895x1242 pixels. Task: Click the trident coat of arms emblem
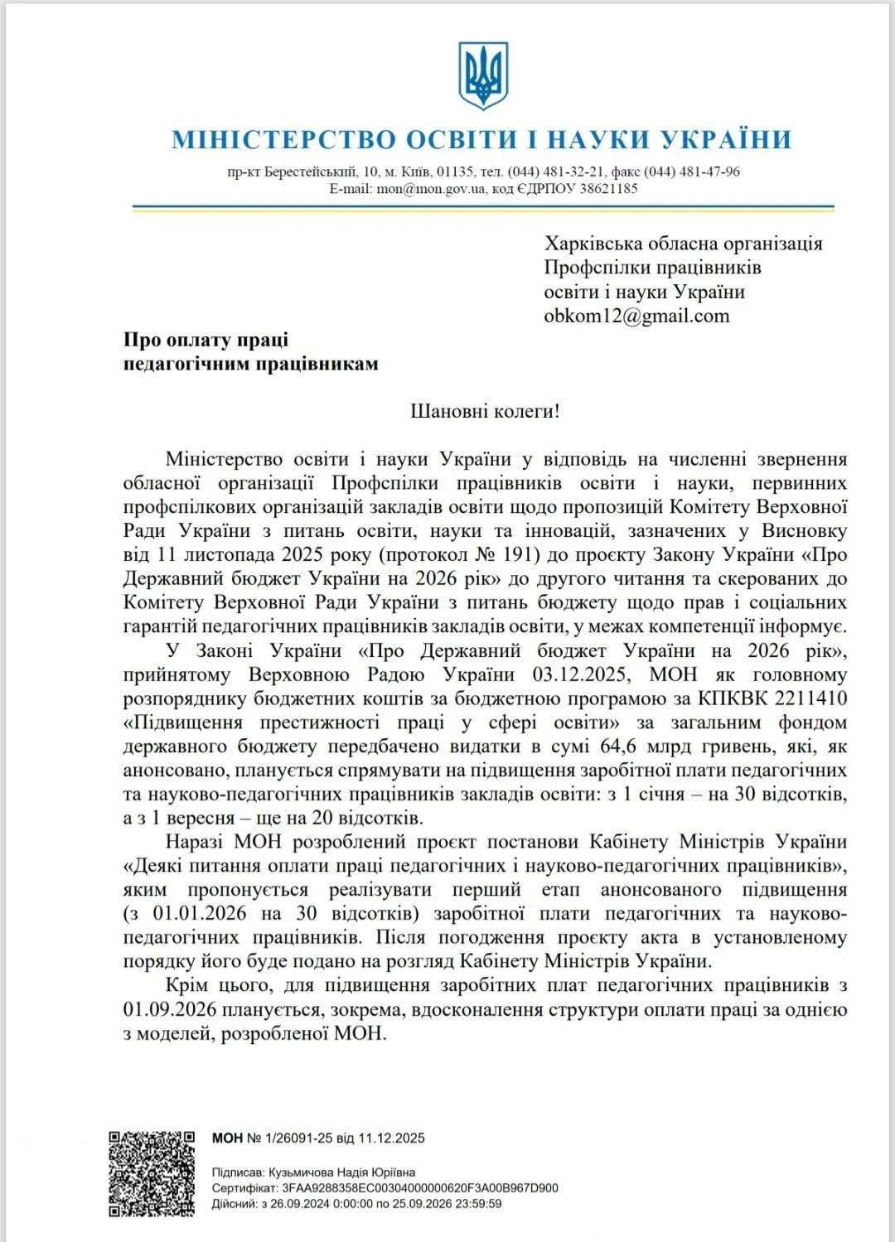coord(483,76)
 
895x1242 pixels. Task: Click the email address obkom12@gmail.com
coord(636,316)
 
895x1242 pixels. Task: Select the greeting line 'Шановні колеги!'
coord(485,411)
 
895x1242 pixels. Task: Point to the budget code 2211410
coord(812,698)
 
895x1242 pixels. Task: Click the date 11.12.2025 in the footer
coord(391,1138)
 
